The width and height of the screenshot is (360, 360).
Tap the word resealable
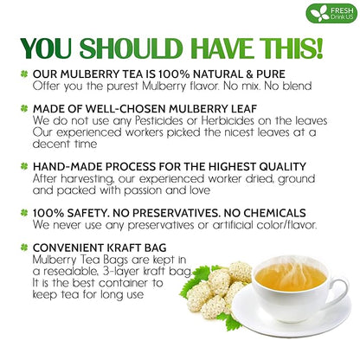[77, 270]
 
